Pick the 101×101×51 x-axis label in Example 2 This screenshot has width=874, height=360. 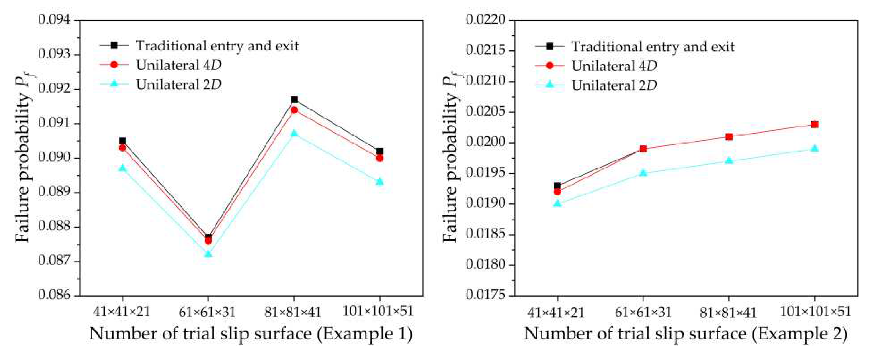click(815, 312)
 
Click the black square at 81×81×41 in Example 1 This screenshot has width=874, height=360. click(294, 100)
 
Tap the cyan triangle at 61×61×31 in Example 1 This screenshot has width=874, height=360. click(208, 254)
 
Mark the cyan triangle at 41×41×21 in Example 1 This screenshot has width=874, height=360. click(123, 168)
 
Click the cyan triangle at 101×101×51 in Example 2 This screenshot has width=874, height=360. click(815, 149)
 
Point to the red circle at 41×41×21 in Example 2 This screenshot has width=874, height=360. click(557, 192)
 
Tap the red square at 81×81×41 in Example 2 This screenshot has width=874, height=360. click(729, 137)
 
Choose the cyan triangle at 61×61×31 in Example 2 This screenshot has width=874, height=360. click(643, 173)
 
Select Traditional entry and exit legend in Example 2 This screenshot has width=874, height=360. click(653, 47)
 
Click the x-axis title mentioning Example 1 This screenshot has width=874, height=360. click(251, 334)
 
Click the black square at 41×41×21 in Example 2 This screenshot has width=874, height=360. click(557, 186)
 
